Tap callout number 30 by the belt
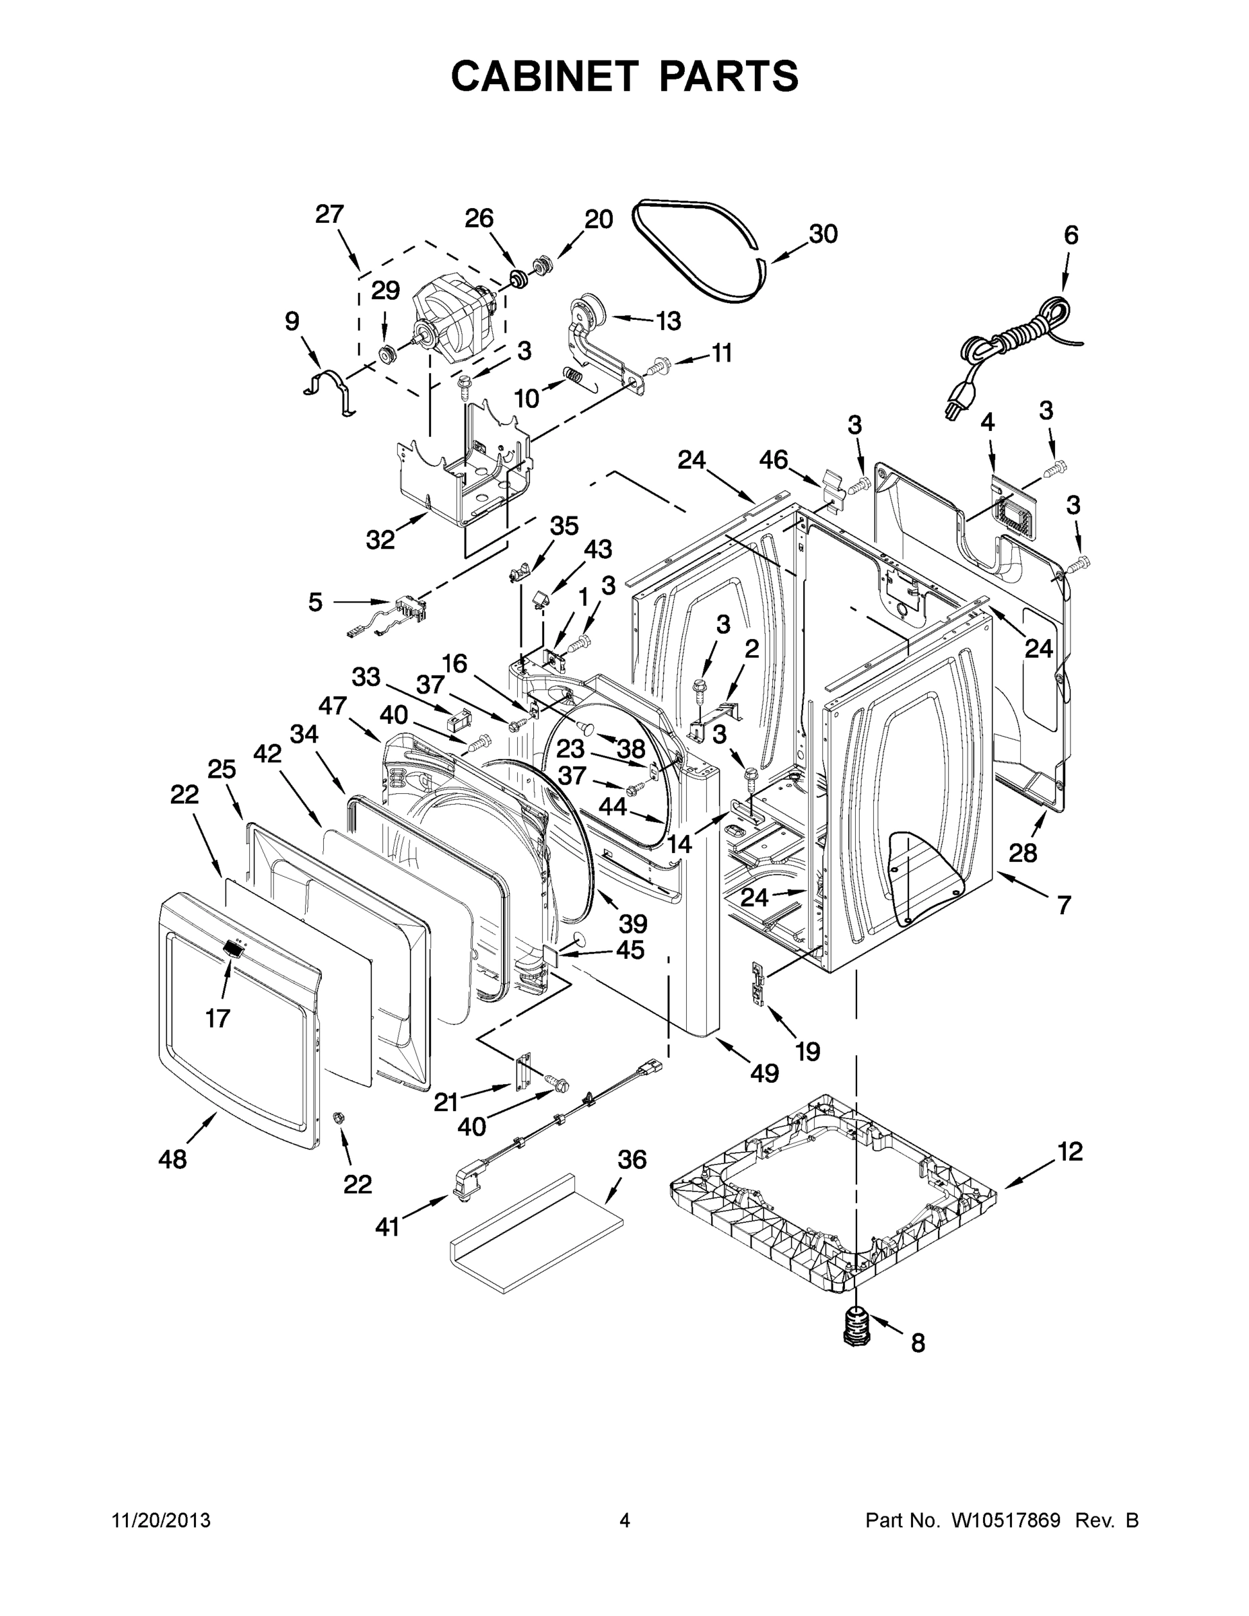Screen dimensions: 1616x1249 [x=823, y=234]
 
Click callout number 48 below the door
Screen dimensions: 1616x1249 [x=172, y=1159]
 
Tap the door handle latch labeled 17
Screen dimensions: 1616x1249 [x=233, y=948]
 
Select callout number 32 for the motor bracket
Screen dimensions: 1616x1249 [x=380, y=540]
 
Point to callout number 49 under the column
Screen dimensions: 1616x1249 [x=764, y=1073]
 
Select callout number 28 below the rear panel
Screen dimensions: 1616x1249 [x=1023, y=853]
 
